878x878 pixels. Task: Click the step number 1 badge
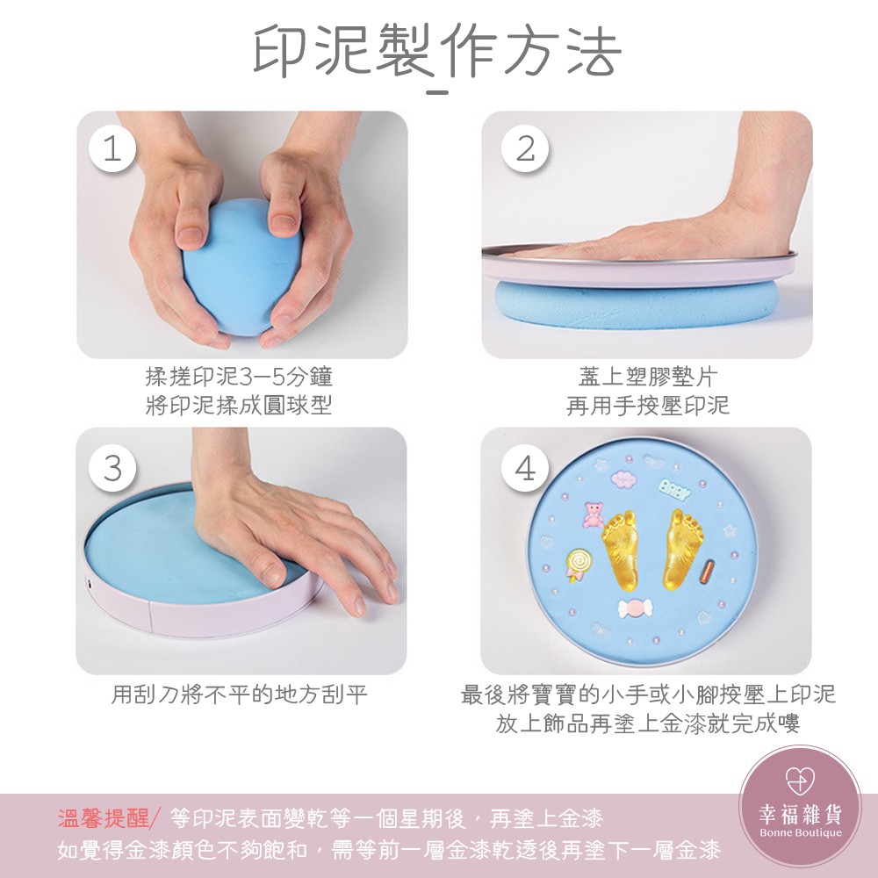point(112,148)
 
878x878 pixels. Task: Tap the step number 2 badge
point(525,148)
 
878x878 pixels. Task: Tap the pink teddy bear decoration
point(593,515)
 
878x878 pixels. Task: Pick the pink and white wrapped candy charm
point(635,608)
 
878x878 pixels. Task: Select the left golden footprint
point(621,550)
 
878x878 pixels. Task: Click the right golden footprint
point(682,549)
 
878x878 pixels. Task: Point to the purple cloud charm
point(623,479)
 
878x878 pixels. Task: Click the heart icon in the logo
point(800,780)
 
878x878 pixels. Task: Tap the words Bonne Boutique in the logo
point(800,832)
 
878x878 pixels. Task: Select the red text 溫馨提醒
point(104,818)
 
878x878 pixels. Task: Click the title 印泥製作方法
point(437,50)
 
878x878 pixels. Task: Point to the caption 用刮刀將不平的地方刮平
point(239,694)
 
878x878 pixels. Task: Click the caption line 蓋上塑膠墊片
point(648,377)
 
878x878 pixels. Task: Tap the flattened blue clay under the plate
point(637,306)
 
